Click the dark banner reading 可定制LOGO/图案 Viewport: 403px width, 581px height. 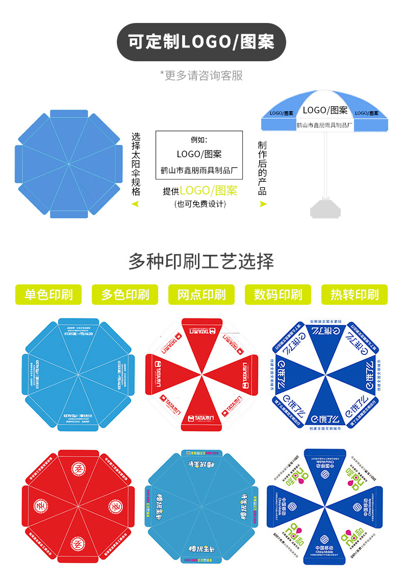201,42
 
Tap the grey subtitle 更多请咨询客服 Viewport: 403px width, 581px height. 201,76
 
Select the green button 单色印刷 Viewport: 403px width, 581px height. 48,295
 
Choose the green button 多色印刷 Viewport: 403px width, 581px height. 125,295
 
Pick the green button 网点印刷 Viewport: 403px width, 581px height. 202,295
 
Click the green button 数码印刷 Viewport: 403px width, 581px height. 278,295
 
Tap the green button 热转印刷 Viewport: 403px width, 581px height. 355,295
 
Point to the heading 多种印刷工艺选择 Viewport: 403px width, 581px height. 201,261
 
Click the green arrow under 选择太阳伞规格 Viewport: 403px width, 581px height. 135,204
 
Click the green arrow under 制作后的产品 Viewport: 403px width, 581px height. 263,204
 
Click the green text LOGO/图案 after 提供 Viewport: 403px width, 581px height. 208,191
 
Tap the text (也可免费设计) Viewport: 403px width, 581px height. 200,204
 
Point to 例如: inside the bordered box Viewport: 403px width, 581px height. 199,139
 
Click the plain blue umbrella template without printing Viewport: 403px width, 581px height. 69,163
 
